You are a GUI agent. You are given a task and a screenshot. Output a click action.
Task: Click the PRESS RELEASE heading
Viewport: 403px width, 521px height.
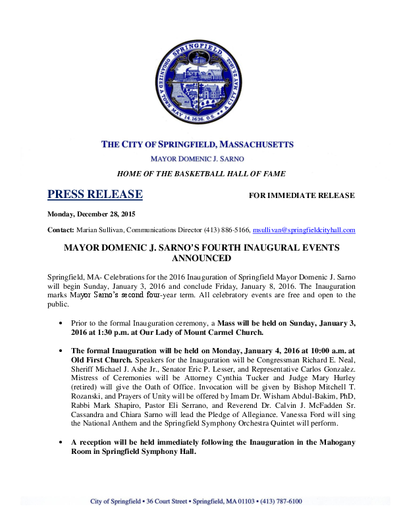coord(95,194)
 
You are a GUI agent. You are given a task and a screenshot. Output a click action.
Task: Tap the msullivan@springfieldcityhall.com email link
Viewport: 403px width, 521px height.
coord(304,230)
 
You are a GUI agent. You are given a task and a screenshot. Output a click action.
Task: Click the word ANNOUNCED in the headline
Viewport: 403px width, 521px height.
coord(201,259)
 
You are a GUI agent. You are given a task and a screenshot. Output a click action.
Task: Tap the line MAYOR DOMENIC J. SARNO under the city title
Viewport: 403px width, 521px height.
coord(201,159)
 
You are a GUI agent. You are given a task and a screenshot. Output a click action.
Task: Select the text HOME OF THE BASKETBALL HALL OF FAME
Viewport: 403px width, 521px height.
coord(201,174)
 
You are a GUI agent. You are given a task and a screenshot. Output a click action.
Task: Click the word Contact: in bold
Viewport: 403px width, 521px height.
coord(61,230)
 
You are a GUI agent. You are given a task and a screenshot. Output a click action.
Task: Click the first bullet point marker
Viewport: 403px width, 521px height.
coord(61,322)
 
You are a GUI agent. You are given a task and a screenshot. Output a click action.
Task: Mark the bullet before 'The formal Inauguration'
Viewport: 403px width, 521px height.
coord(61,351)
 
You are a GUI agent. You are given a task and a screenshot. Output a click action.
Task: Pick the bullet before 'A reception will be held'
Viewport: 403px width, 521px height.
coord(61,442)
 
